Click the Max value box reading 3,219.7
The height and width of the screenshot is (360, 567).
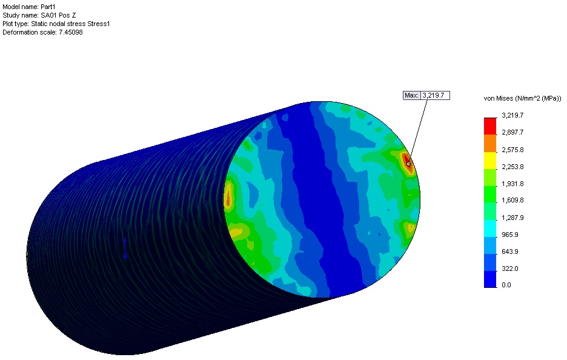pyautogui.click(x=436, y=96)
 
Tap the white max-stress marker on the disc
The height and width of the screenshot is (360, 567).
pyautogui.click(x=409, y=164)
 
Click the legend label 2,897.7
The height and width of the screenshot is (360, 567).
pyautogui.click(x=512, y=132)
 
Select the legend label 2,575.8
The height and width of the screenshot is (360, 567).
pyautogui.click(x=512, y=150)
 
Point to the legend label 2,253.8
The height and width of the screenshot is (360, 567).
pyautogui.click(x=512, y=167)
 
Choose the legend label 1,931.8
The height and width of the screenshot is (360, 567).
pyautogui.click(x=512, y=184)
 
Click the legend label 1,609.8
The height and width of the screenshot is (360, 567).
pyautogui.click(x=512, y=201)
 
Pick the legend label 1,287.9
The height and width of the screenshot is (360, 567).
pyautogui.click(x=512, y=218)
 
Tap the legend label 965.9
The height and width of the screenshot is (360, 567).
pyautogui.click(x=510, y=235)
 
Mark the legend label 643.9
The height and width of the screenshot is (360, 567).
pyautogui.click(x=510, y=252)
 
